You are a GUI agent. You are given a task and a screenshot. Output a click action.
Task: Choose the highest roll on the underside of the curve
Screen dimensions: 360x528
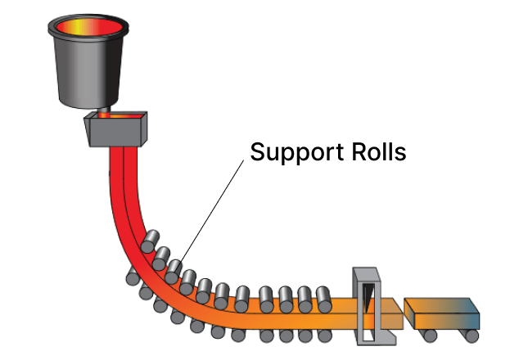point(132,279)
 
